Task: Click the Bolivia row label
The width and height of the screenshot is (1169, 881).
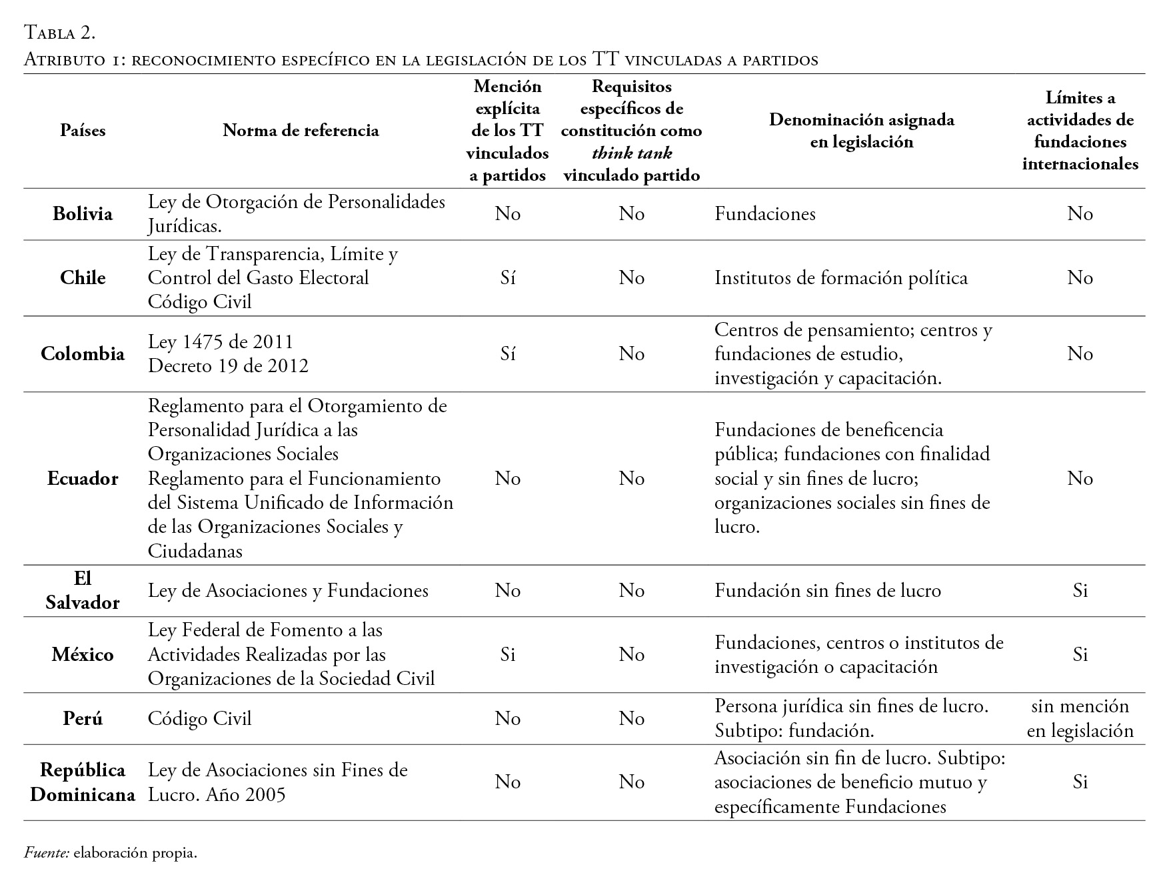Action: (83, 214)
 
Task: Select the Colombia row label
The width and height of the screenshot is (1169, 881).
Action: (83, 353)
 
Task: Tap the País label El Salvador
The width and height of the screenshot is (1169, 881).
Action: (83, 590)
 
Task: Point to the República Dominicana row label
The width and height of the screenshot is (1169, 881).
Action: (83, 782)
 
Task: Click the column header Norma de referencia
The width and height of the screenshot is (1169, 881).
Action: (301, 130)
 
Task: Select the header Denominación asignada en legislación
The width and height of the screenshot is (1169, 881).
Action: (861, 131)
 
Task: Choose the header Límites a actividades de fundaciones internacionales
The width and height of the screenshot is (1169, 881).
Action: (1080, 131)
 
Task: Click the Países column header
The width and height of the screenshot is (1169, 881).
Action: (83, 130)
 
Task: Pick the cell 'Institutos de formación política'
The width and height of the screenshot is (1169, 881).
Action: (840, 277)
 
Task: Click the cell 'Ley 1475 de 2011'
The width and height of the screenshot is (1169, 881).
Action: (221, 341)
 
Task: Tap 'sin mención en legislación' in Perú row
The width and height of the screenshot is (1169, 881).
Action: (1080, 718)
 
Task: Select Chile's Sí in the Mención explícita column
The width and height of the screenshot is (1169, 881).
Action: (508, 277)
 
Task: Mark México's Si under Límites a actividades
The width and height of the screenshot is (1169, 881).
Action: (1080, 654)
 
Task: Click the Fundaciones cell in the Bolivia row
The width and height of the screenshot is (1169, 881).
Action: (765, 214)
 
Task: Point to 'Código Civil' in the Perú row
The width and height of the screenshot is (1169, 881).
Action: (200, 718)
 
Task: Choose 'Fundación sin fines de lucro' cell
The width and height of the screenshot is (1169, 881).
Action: (828, 590)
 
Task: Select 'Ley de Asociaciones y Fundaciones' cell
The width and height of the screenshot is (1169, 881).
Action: (288, 590)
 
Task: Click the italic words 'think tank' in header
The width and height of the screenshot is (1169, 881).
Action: (632, 153)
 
